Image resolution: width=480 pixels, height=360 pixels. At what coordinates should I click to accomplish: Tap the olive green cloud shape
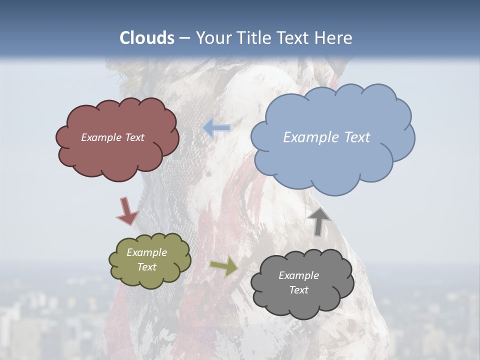tap(150, 277)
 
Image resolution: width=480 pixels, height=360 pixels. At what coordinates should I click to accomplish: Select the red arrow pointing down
tap(127, 211)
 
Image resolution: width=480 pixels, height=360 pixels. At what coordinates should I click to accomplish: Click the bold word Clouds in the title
tap(147, 38)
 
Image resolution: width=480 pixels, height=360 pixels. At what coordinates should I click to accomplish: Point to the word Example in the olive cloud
tap(146, 252)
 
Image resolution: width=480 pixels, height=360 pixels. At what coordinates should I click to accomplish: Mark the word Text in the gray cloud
tap(298, 290)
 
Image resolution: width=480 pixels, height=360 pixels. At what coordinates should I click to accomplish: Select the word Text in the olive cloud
tap(146, 267)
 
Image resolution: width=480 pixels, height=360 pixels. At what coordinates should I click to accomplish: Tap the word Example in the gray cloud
tap(298, 275)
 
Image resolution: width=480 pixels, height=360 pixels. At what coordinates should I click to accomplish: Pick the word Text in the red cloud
tap(134, 137)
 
